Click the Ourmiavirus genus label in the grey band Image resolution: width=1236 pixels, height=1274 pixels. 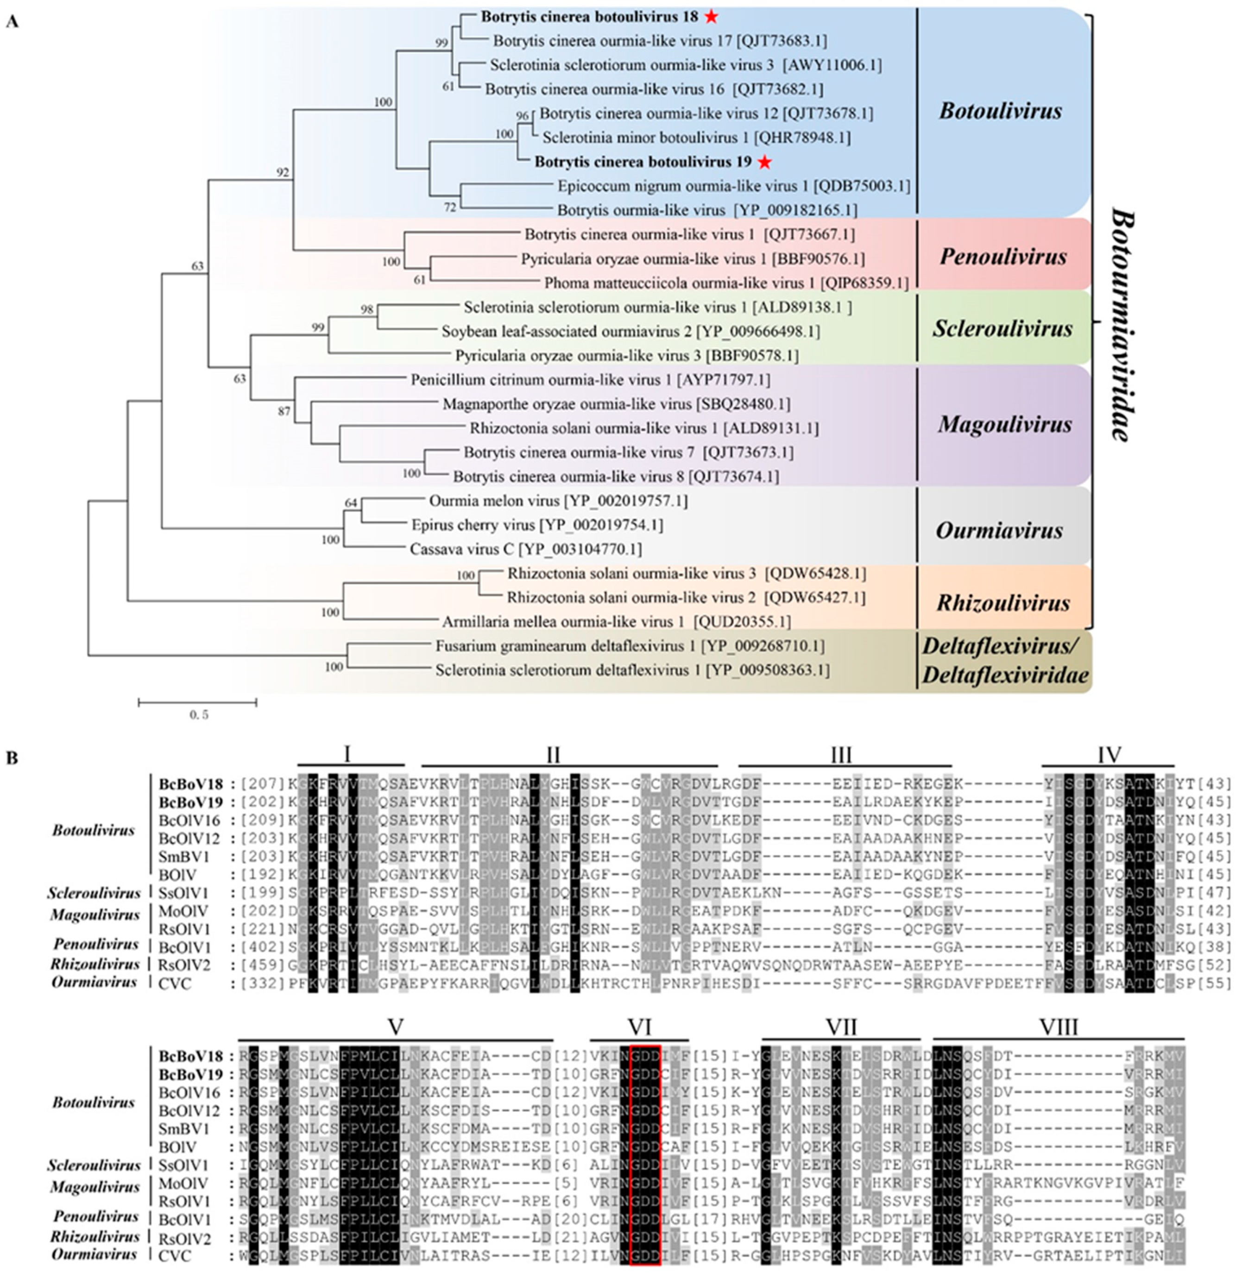[x=999, y=530]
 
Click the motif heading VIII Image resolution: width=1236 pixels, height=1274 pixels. [x=1059, y=1027]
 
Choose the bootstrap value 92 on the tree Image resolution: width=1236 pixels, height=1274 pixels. [x=282, y=173]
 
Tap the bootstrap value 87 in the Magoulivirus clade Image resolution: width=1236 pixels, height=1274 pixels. [x=284, y=411]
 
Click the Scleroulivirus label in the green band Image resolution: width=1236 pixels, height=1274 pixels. [x=1003, y=328]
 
